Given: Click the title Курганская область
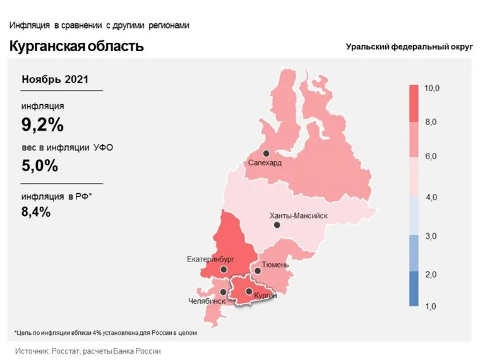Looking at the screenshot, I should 76,47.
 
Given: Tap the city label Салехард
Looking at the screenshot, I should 265,163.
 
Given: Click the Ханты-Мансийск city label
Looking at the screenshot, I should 299,215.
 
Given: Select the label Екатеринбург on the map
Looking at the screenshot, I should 210,259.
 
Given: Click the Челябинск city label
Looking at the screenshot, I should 207,301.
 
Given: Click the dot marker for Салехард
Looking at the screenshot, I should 267,153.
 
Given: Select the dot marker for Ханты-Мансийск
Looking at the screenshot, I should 277,225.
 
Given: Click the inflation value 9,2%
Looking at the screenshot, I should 43,125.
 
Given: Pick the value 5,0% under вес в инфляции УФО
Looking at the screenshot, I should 40,166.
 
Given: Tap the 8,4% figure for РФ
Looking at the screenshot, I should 36,212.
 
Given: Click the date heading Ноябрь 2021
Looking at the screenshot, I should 55,80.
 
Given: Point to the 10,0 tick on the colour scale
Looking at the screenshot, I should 432,88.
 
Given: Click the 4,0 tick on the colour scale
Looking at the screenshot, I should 432,198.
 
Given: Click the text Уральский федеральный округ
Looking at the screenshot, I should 409,47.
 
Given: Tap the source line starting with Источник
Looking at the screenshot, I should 88,351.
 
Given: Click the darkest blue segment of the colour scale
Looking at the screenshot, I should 414,289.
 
